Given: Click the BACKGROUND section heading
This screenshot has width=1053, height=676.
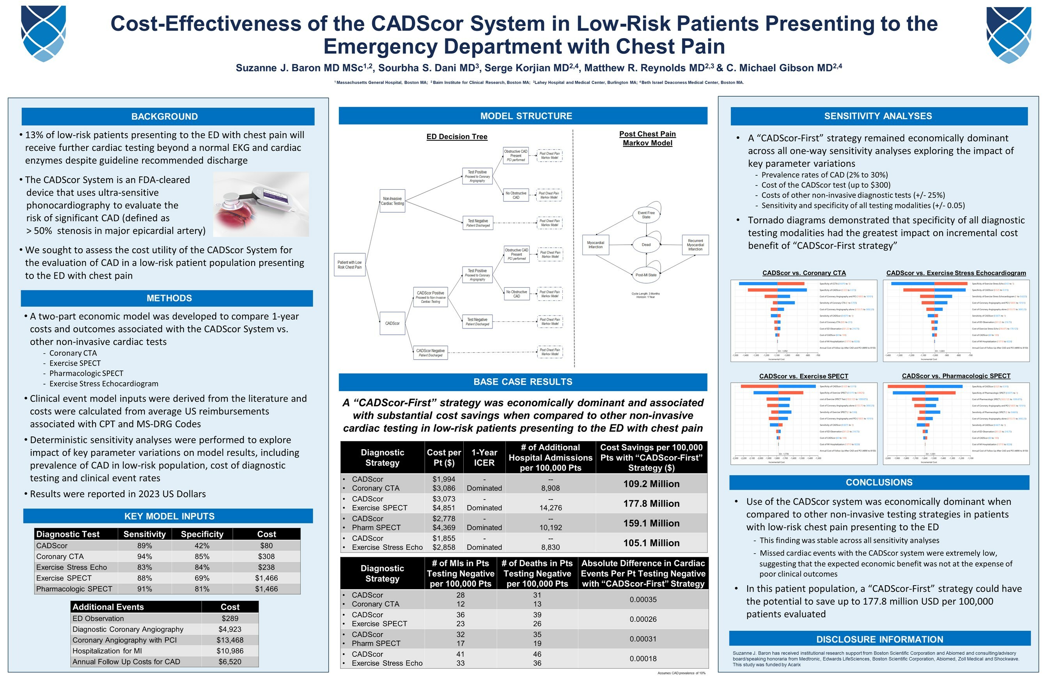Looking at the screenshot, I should tap(164, 116).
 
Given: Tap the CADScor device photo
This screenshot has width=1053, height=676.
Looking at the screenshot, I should tap(261, 205).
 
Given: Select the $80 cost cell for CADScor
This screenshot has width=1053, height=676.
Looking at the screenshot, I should tap(266, 545).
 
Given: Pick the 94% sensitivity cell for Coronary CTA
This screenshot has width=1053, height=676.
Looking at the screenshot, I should tap(145, 557).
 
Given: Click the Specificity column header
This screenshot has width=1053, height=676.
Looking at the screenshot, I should tap(202, 534).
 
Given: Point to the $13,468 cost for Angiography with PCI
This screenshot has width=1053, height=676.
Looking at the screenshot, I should tap(230, 640).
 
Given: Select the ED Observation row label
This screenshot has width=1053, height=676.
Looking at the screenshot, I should tap(98, 618).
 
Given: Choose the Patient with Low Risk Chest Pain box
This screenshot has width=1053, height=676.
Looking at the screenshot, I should tap(350, 265).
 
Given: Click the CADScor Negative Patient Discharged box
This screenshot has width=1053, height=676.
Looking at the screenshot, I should tap(431, 353).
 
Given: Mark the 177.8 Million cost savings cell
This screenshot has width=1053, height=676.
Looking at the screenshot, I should tap(651, 503).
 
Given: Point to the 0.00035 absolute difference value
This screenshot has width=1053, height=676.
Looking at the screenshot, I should tap(643, 600).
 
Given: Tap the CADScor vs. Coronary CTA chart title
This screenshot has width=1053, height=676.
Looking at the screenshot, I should tap(804, 273).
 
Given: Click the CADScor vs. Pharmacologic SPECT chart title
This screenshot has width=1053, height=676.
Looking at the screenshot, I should tap(956, 376).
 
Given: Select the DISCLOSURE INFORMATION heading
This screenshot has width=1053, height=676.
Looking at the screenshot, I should tap(879, 639).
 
